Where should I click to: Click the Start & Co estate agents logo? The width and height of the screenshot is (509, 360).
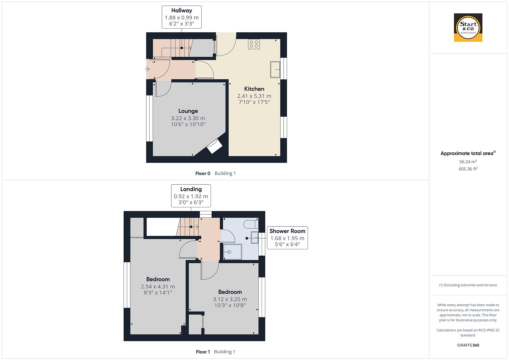tap(468, 28)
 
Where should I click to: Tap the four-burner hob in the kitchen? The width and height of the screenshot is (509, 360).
tap(254, 44)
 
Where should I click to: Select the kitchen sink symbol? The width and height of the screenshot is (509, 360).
tap(275, 69)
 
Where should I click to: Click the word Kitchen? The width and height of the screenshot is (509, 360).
tap(254, 89)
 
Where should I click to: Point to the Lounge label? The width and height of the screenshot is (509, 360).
tap(188, 111)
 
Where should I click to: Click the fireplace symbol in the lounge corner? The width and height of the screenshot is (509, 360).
tap(214, 147)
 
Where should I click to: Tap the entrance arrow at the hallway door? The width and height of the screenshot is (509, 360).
tap(147, 69)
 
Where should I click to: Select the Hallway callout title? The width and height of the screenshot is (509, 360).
tap(182, 11)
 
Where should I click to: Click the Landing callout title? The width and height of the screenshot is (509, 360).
tap(191, 189)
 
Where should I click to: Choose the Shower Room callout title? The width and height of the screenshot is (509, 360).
tap(287, 231)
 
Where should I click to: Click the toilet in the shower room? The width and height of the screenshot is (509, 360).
tap(251, 224)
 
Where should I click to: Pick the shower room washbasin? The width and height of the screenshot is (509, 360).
tap(255, 238)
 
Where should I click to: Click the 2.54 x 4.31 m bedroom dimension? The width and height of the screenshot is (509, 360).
tap(158, 287)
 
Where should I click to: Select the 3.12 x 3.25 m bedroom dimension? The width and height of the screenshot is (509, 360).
tap(230, 299)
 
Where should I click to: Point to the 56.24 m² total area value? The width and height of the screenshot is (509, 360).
tap(468, 162)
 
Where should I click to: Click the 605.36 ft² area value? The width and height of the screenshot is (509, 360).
tap(468, 169)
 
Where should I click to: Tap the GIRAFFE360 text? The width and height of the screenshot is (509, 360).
tap(468, 345)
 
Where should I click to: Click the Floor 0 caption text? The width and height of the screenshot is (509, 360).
tap(203, 173)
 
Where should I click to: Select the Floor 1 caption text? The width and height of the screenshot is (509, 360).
tap(203, 352)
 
